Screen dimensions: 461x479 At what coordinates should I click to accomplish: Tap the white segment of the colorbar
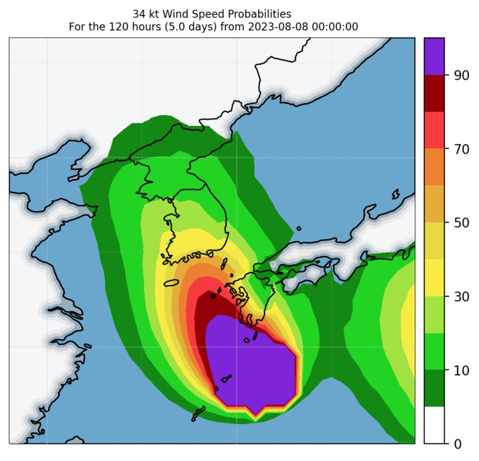[x=434, y=425]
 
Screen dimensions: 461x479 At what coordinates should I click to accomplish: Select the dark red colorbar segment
[x=434, y=93]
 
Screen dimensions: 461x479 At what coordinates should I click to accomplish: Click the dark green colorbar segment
[x=434, y=388]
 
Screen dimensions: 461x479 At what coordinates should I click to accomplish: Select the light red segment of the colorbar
[x=434, y=130]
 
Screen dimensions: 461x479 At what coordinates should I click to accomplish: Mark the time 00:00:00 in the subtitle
[x=334, y=27]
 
